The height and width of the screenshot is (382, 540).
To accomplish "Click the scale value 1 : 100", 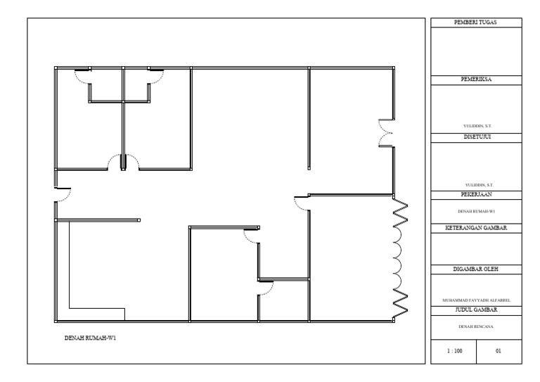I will click(x=454, y=350).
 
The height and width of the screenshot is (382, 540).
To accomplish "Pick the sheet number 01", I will click(x=499, y=350).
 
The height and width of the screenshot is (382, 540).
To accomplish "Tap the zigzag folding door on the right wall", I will click(x=399, y=257).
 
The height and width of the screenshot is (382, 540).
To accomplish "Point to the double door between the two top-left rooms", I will click(x=123, y=163).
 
